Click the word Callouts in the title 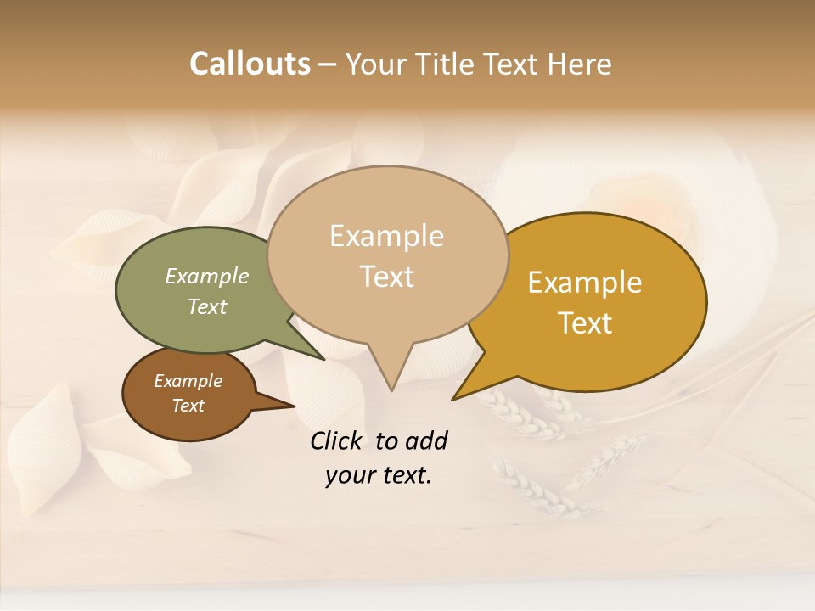tap(250, 64)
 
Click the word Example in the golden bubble tap(584, 283)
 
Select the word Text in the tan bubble tap(387, 277)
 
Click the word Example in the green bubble tap(206, 276)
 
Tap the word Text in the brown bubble tap(188, 406)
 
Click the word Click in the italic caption tap(338, 440)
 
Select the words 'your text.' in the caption tap(379, 475)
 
